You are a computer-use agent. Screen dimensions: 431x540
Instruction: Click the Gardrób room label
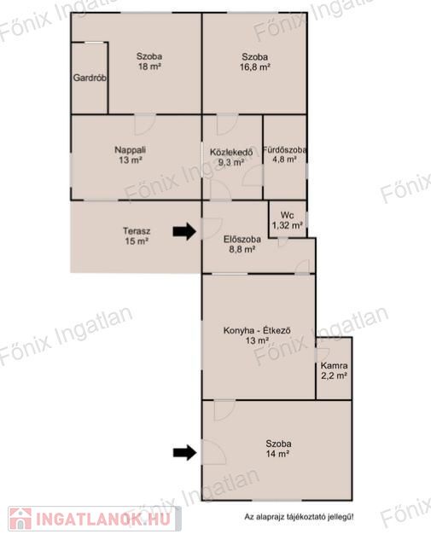click(90, 78)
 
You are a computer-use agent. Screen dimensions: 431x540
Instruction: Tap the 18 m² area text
click(149, 67)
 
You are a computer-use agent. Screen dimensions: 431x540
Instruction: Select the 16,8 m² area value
click(255, 67)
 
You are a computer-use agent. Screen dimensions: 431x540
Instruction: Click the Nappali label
click(131, 150)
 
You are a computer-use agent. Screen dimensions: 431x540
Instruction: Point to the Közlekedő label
click(231, 152)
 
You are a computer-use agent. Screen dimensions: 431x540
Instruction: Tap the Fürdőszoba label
click(284, 150)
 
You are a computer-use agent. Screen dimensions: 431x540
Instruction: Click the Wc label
click(287, 215)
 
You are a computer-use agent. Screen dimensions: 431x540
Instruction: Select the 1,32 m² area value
click(288, 225)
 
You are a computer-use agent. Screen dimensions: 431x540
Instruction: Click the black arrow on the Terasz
click(184, 231)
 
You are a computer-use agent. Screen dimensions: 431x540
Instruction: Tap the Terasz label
click(137, 231)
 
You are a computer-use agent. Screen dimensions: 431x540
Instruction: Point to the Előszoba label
click(242, 240)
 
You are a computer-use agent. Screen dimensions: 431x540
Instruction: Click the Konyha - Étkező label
click(257, 331)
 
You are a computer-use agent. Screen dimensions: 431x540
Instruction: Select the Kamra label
click(334, 365)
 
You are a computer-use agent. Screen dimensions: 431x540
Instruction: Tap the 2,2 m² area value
click(334, 375)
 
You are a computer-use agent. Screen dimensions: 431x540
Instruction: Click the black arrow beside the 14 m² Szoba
click(184, 452)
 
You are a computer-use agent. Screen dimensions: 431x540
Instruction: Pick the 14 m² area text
click(277, 454)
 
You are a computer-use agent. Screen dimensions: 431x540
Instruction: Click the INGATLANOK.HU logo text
click(103, 519)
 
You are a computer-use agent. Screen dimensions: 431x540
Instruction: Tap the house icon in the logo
click(20, 519)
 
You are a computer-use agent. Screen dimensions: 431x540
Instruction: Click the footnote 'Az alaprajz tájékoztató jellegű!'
click(299, 517)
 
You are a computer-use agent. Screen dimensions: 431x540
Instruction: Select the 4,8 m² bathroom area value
click(284, 160)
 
